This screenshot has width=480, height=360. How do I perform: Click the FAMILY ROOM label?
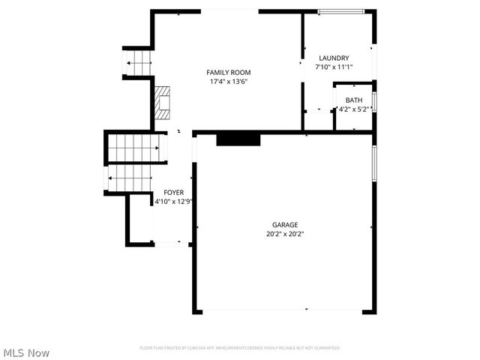coord(228,72)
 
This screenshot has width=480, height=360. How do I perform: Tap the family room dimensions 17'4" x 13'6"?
coord(228,81)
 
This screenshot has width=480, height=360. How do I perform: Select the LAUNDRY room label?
coord(334,58)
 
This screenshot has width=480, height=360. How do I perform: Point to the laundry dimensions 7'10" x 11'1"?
coord(334,67)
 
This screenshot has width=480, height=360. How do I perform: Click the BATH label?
coord(353,100)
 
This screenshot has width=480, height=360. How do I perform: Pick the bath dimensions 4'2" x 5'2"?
coord(353,109)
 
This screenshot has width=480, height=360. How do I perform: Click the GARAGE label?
coord(285,224)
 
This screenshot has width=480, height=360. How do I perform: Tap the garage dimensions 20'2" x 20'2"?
coord(285,233)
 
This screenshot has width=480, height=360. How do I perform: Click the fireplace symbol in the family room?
coord(163,102)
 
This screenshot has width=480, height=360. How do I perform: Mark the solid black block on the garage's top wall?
coord(238,139)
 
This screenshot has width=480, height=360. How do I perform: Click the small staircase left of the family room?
coord(138,63)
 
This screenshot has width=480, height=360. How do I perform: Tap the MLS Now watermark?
coord(26,352)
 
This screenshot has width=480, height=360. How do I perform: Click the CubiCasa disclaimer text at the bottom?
coord(240,348)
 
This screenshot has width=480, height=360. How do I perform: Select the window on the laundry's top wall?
coord(342,11)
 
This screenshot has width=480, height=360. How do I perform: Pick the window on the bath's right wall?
coord(373,102)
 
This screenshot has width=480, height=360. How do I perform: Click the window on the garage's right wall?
coord(373,163)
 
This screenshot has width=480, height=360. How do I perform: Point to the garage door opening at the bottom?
coord(284,310)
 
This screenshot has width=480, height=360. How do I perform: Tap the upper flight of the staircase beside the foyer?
coord(135,148)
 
